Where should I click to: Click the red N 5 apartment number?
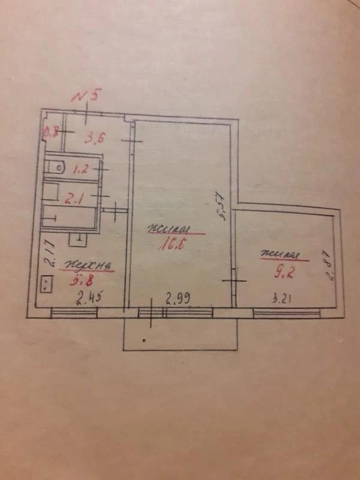pyautogui.click(x=87, y=95)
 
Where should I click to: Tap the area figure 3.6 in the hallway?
pyautogui.click(x=95, y=139)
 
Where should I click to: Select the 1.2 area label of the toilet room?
pyautogui.click(x=80, y=169)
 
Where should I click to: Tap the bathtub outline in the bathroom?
pyautogui.click(x=69, y=216)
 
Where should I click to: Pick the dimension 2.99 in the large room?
pyautogui.click(x=178, y=296)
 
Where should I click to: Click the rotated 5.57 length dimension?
pyautogui.click(x=221, y=207)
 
